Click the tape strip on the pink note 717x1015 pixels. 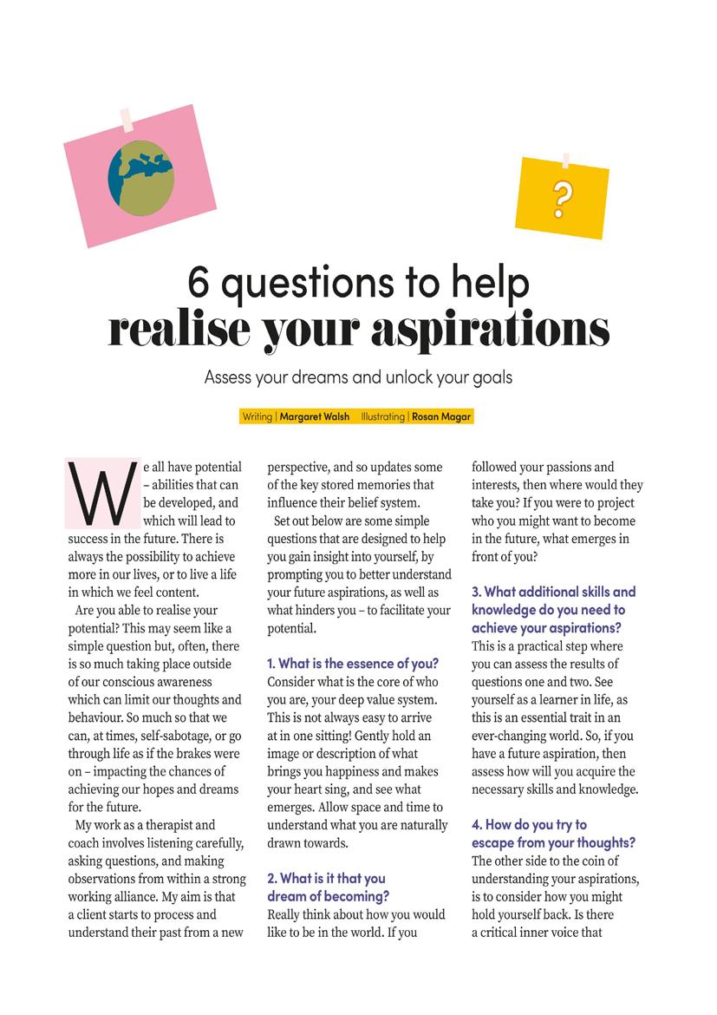(x=127, y=119)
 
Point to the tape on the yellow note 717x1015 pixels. (x=565, y=160)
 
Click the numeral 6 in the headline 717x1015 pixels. (x=201, y=282)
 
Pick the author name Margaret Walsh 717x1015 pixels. (x=315, y=416)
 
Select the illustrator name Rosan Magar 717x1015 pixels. (x=441, y=416)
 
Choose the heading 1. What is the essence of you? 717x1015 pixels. (x=353, y=664)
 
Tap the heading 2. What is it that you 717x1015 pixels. (x=326, y=879)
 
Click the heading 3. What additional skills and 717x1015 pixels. (x=553, y=592)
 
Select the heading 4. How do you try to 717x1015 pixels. (x=529, y=824)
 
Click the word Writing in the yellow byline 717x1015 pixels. (x=257, y=416)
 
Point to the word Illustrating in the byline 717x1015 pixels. (x=382, y=416)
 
